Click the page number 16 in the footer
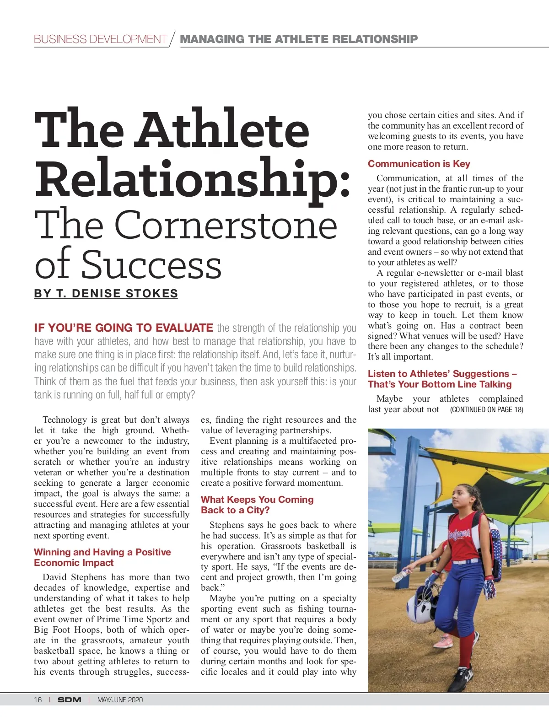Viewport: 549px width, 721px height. tap(38, 699)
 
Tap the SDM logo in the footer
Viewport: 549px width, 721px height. tap(70, 699)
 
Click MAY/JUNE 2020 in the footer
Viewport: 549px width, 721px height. tap(120, 699)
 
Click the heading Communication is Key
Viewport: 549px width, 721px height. tap(419, 164)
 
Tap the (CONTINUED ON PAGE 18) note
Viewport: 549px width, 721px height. tap(486, 409)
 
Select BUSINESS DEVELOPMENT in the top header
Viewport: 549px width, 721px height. tap(100, 39)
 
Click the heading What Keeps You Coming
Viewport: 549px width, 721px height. tap(257, 500)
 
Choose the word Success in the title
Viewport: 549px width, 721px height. tap(151, 264)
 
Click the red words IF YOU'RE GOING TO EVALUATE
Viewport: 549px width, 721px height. tap(124, 328)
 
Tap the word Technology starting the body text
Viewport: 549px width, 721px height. tap(65, 420)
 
